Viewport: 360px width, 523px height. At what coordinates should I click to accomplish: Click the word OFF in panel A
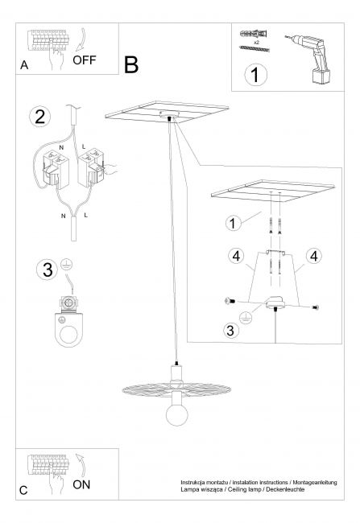tap(84, 60)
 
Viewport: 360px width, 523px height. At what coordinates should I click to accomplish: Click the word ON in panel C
tap(81, 484)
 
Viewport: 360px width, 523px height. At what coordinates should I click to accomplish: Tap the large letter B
tap(131, 64)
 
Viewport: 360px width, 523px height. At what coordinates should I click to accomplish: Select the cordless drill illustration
tap(311, 59)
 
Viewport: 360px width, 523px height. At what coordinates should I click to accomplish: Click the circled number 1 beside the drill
tap(255, 75)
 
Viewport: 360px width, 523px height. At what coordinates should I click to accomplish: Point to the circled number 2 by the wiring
tap(40, 117)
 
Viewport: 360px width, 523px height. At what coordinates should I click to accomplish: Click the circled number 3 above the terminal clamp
tap(48, 270)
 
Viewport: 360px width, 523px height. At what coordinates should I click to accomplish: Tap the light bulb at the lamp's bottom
tap(177, 414)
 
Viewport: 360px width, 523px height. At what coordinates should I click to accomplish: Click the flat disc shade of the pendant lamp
tap(176, 389)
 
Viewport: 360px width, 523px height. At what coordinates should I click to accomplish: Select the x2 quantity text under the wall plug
tap(256, 43)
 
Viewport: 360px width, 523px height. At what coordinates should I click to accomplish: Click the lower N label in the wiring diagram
tap(63, 216)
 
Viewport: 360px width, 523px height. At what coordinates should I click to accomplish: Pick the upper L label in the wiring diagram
tap(84, 146)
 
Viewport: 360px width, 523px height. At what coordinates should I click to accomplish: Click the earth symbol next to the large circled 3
tap(67, 265)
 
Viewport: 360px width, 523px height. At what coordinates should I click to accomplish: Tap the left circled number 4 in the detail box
tap(237, 256)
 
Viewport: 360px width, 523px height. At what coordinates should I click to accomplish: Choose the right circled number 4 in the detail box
tap(314, 256)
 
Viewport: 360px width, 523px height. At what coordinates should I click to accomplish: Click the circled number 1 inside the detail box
tap(233, 223)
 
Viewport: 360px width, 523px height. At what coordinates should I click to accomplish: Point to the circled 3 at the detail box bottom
tap(230, 330)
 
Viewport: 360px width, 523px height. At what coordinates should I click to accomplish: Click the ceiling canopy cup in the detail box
tap(275, 303)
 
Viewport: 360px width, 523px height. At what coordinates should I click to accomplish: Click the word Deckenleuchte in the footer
tap(285, 489)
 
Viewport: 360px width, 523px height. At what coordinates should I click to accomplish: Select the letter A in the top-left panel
tap(24, 65)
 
